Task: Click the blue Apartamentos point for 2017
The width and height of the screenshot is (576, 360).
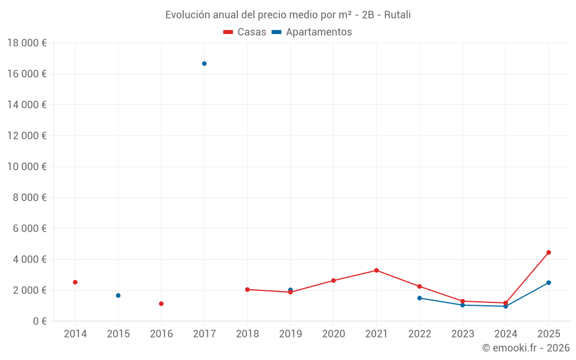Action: (x=204, y=63)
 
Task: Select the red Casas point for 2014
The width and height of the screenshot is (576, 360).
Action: (x=75, y=282)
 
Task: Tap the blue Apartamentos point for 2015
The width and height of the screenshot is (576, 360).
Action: (x=118, y=295)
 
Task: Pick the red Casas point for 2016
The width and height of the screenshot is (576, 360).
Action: (x=161, y=304)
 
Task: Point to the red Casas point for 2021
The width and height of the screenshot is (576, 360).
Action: (x=377, y=270)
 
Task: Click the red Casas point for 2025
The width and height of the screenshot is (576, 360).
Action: (x=548, y=252)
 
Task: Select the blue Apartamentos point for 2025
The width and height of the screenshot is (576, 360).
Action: (x=548, y=283)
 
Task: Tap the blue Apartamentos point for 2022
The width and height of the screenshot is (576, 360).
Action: (x=419, y=298)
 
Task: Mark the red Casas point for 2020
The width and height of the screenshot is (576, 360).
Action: (x=334, y=281)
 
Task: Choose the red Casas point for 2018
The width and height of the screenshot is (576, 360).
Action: (x=247, y=289)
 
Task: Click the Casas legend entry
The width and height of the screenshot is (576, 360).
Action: (x=245, y=32)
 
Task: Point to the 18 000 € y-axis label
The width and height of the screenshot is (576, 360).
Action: (x=27, y=43)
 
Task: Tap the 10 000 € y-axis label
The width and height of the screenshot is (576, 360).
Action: (x=27, y=166)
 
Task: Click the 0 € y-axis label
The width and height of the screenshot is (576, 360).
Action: (x=39, y=321)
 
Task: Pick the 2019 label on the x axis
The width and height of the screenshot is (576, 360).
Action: (x=290, y=334)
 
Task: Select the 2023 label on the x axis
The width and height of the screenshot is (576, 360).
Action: (x=463, y=334)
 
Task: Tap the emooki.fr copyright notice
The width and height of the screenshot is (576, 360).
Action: (x=526, y=348)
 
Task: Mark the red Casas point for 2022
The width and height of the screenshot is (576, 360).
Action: (x=419, y=286)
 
